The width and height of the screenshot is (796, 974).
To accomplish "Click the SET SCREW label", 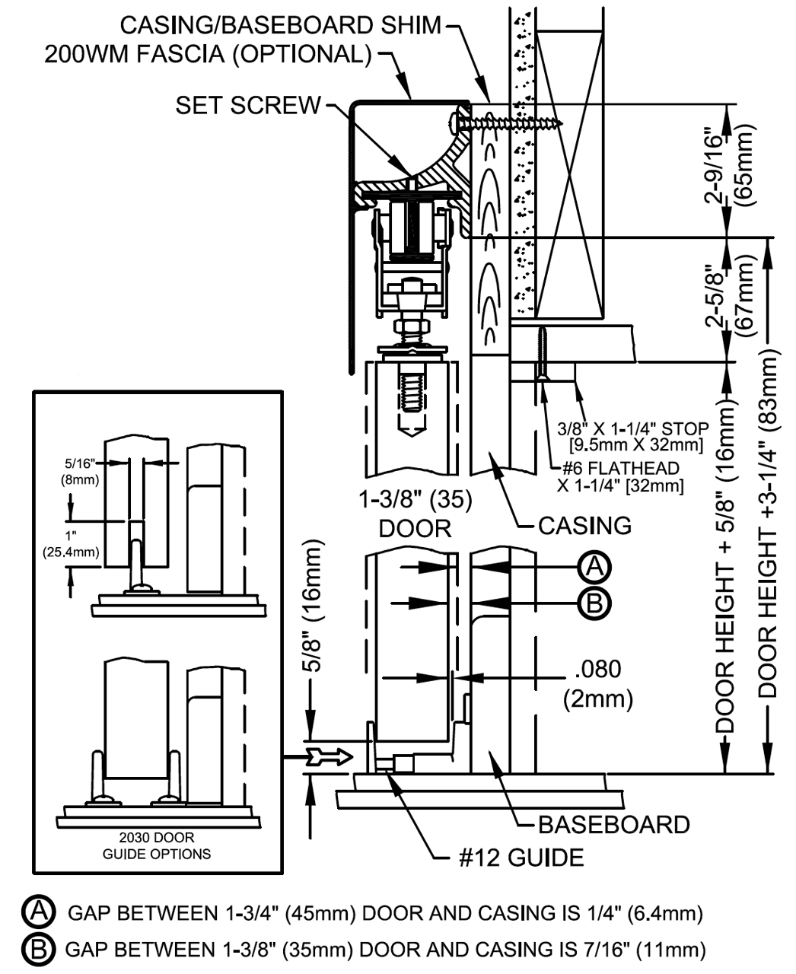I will tap(248, 105).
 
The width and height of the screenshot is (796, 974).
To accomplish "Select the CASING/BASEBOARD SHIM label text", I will tap(281, 25).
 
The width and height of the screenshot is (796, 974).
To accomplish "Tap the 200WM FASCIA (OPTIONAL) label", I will tap(208, 55).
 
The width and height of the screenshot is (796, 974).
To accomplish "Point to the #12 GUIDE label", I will tap(521, 858).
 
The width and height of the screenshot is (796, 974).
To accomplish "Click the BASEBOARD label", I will tap(613, 824).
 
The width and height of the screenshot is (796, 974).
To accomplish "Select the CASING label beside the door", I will tap(584, 525).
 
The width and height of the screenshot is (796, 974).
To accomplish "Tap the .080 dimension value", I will tap(597, 670).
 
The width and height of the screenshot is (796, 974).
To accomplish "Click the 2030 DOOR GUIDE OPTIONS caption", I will tap(157, 845).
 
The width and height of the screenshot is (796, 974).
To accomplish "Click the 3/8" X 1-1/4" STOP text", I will tap(633, 428).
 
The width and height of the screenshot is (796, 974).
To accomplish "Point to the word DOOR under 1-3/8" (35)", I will tap(416, 528).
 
